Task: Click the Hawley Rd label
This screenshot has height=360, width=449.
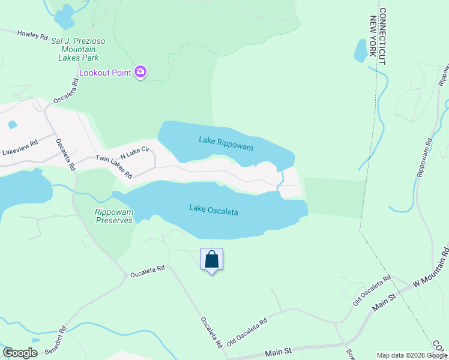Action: coord(32,35)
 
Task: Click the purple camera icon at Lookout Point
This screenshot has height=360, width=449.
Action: coord(141,73)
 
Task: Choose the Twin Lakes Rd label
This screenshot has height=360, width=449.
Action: coord(114,167)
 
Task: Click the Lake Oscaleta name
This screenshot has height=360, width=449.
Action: coord(214,210)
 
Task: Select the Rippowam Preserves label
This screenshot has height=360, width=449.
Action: coord(113,216)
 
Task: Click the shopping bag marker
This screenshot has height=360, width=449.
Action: coord(211,260)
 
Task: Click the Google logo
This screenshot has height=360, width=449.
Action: coord(20,353)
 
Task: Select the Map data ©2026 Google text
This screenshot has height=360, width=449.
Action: coord(412,355)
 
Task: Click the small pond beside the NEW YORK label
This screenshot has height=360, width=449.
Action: coord(361,51)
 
